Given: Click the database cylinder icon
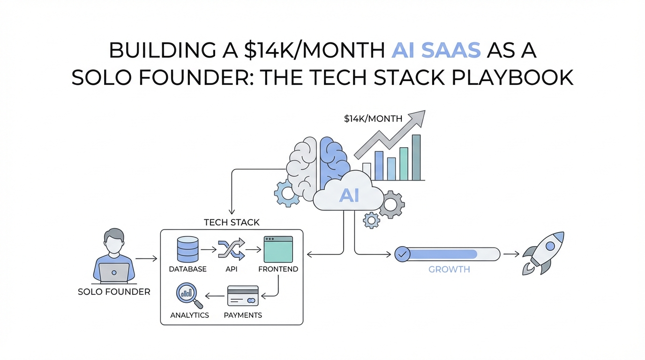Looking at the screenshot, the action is click(188, 249).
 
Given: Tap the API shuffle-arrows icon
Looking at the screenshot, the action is click(232, 249).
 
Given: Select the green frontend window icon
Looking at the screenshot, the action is click(278, 249).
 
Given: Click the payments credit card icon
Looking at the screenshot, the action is click(243, 296).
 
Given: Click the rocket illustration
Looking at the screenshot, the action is click(543, 253).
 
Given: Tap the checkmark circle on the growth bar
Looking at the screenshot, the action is click(402, 254).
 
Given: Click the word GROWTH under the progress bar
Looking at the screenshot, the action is click(449, 269).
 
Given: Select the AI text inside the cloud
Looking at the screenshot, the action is click(349, 195).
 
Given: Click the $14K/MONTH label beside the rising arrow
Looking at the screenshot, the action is click(373, 119).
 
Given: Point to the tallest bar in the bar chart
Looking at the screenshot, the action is click(416, 157).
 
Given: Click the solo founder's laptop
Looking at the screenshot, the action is click(114, 272).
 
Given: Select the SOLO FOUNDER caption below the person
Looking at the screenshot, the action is click(114, 292).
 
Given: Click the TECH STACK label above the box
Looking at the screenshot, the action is click(232, 222).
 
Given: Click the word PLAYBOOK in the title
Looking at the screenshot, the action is click(512, 77).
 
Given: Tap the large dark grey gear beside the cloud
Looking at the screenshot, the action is click(391, 204).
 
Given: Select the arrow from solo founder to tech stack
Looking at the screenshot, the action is click(146, 259).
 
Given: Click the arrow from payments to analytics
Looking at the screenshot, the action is click(215, 296).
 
